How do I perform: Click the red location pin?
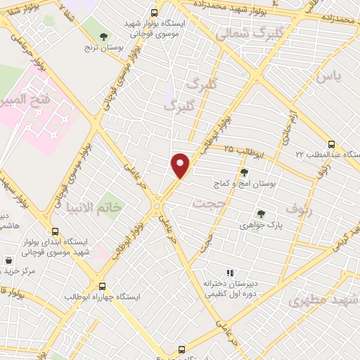[181, 165]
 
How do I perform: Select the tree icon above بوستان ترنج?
[103, 35]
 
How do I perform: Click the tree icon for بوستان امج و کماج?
[244, 172]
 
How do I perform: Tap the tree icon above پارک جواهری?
[261, 214]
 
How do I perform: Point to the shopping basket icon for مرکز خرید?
[8, 259]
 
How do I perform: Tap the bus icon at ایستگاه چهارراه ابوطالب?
[103, 287]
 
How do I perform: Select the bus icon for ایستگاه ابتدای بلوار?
[56, 231]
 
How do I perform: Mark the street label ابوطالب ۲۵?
[247, 150]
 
